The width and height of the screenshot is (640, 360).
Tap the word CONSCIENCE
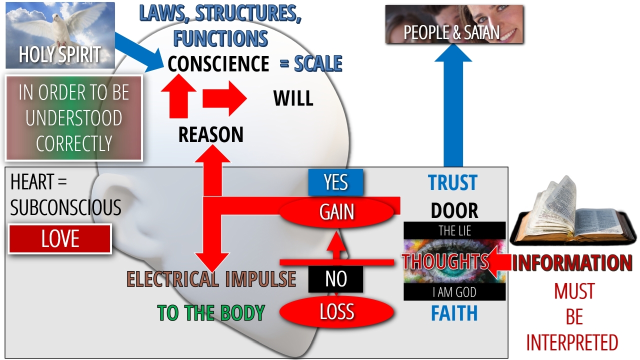coord(218,64)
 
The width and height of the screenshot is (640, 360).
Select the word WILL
coord(293,98)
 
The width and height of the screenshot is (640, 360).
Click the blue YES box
coord(335,182)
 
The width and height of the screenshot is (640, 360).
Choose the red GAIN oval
coord(336,212)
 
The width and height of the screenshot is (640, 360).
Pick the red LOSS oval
coord(336,312)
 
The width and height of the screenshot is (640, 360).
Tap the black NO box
coord(335,279)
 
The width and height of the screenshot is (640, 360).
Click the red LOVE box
coord(60,239)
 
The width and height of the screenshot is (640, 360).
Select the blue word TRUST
coord(452,183)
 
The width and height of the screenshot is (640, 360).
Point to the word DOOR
coord(454,211)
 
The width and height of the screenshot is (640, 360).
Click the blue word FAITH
coord(454,313)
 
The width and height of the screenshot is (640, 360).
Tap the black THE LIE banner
coord(454,230)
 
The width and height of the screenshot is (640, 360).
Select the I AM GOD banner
coord(454,292)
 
